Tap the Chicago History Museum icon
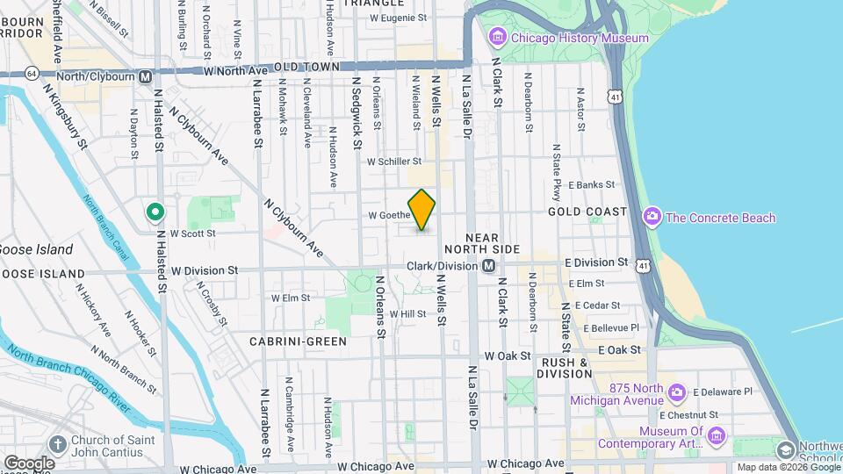point(498,38)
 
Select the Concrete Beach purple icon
point(652,217)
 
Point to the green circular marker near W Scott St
point(155,212)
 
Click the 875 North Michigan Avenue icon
point(676,391)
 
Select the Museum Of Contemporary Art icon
point(717,435)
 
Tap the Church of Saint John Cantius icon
point(58,445)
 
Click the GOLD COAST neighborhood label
point(587,212)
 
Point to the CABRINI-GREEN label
point(298,341)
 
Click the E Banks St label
point(592,185)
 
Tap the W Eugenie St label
point(398,18)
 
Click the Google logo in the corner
point(28,463)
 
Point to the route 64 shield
point(32,73)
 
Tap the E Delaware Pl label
point(723,391)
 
